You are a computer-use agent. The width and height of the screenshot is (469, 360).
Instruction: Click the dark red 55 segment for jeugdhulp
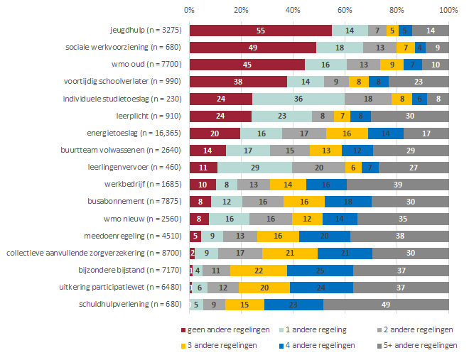pos(260,31)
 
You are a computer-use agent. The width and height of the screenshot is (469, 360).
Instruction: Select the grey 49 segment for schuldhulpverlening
pos(386,305)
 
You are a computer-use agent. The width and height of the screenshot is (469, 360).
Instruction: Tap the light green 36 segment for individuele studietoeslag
pos(298,99)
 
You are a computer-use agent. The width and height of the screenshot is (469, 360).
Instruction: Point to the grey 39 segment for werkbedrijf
pos(398,185)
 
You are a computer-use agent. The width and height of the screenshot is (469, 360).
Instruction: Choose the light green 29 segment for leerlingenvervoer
pos(254,168)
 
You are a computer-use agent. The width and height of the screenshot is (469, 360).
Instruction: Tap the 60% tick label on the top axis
pos(345,11)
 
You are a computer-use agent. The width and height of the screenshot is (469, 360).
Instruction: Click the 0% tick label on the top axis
pos(189,11)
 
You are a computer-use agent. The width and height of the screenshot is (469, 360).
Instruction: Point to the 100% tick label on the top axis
pos(448,11)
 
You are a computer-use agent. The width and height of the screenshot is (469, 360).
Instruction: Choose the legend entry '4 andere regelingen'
pos(320,345)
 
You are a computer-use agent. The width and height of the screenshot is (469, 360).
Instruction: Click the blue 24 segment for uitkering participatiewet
pos(321,288)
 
